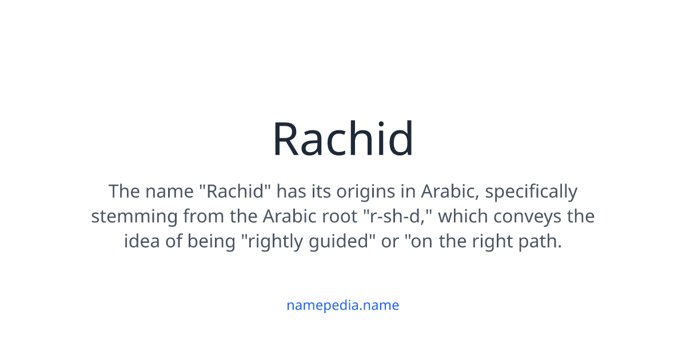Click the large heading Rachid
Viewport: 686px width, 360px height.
(x=342, y=139)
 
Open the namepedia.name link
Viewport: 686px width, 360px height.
(x=342, y=305)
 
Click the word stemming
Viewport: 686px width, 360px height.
(x=135, y=217)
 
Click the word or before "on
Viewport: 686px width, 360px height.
(x=390, y=242)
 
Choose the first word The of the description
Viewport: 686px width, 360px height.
(x=123, y=191)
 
